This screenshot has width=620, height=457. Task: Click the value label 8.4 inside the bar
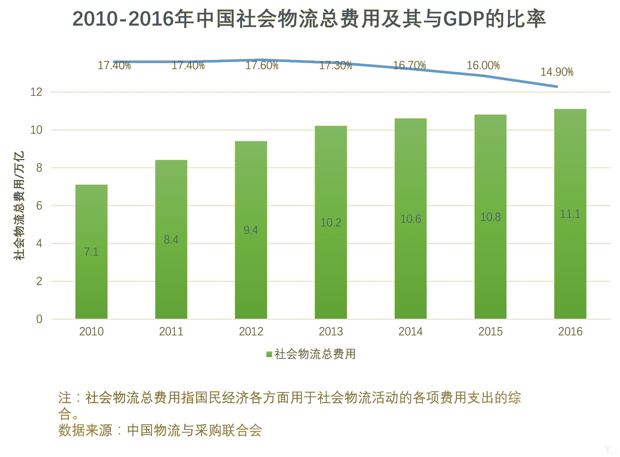[x=171, y=239]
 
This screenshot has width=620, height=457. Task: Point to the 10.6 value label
[x=411, y=219]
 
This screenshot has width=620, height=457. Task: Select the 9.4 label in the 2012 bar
[x=251, y=230]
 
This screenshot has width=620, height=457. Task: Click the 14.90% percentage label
[x=557, y=72]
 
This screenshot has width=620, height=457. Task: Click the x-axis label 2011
[x=171, y=331]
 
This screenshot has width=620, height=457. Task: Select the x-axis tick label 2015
[x=490, y=331]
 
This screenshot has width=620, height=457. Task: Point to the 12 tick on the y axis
[x=36, y=92]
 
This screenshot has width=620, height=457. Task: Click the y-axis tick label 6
[x=39, y=206]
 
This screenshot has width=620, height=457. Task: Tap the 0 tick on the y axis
[x=39, y=319]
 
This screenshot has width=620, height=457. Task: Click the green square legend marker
[x=269, y=354]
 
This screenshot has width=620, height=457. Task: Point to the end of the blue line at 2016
[x=557, y=86]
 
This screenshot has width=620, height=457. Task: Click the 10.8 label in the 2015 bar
[x=490, y=217]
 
